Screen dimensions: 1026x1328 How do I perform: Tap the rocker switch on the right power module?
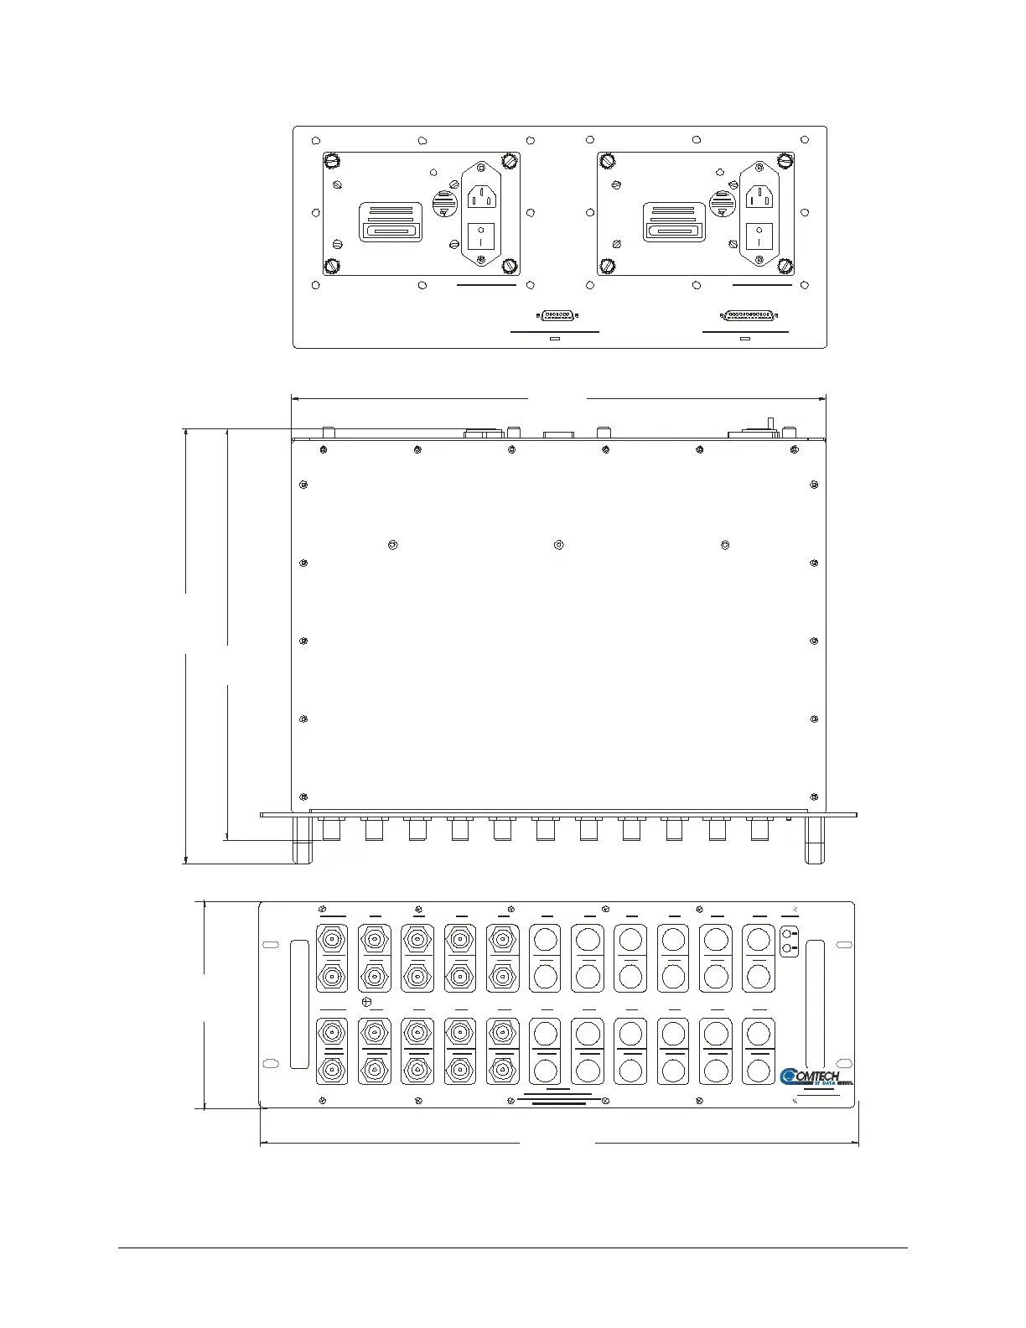(x=758, y=235)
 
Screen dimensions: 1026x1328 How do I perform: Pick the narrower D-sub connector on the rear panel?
(x=557, y=316)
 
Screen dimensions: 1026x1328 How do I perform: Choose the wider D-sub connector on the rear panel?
(x=749, y=316)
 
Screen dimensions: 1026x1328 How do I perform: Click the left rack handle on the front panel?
(x=299, y=1004)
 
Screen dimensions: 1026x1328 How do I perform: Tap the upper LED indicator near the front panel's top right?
(x=786, y=934)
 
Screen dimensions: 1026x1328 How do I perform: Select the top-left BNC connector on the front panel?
(x=332, y=940)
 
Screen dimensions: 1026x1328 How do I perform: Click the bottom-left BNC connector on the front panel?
(x=332, y=1069)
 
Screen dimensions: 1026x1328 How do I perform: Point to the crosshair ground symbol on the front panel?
(x=365, y=1002)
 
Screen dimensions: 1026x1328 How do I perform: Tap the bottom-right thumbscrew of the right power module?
(x=785, y=267)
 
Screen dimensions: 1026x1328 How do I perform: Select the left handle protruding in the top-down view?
(x=302, y=840)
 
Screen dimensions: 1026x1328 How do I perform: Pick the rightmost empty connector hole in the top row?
(x=758, y=938)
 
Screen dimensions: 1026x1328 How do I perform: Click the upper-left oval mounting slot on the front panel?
(x=270, y=945)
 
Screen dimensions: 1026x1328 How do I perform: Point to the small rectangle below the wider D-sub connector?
(x=745, y=340)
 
